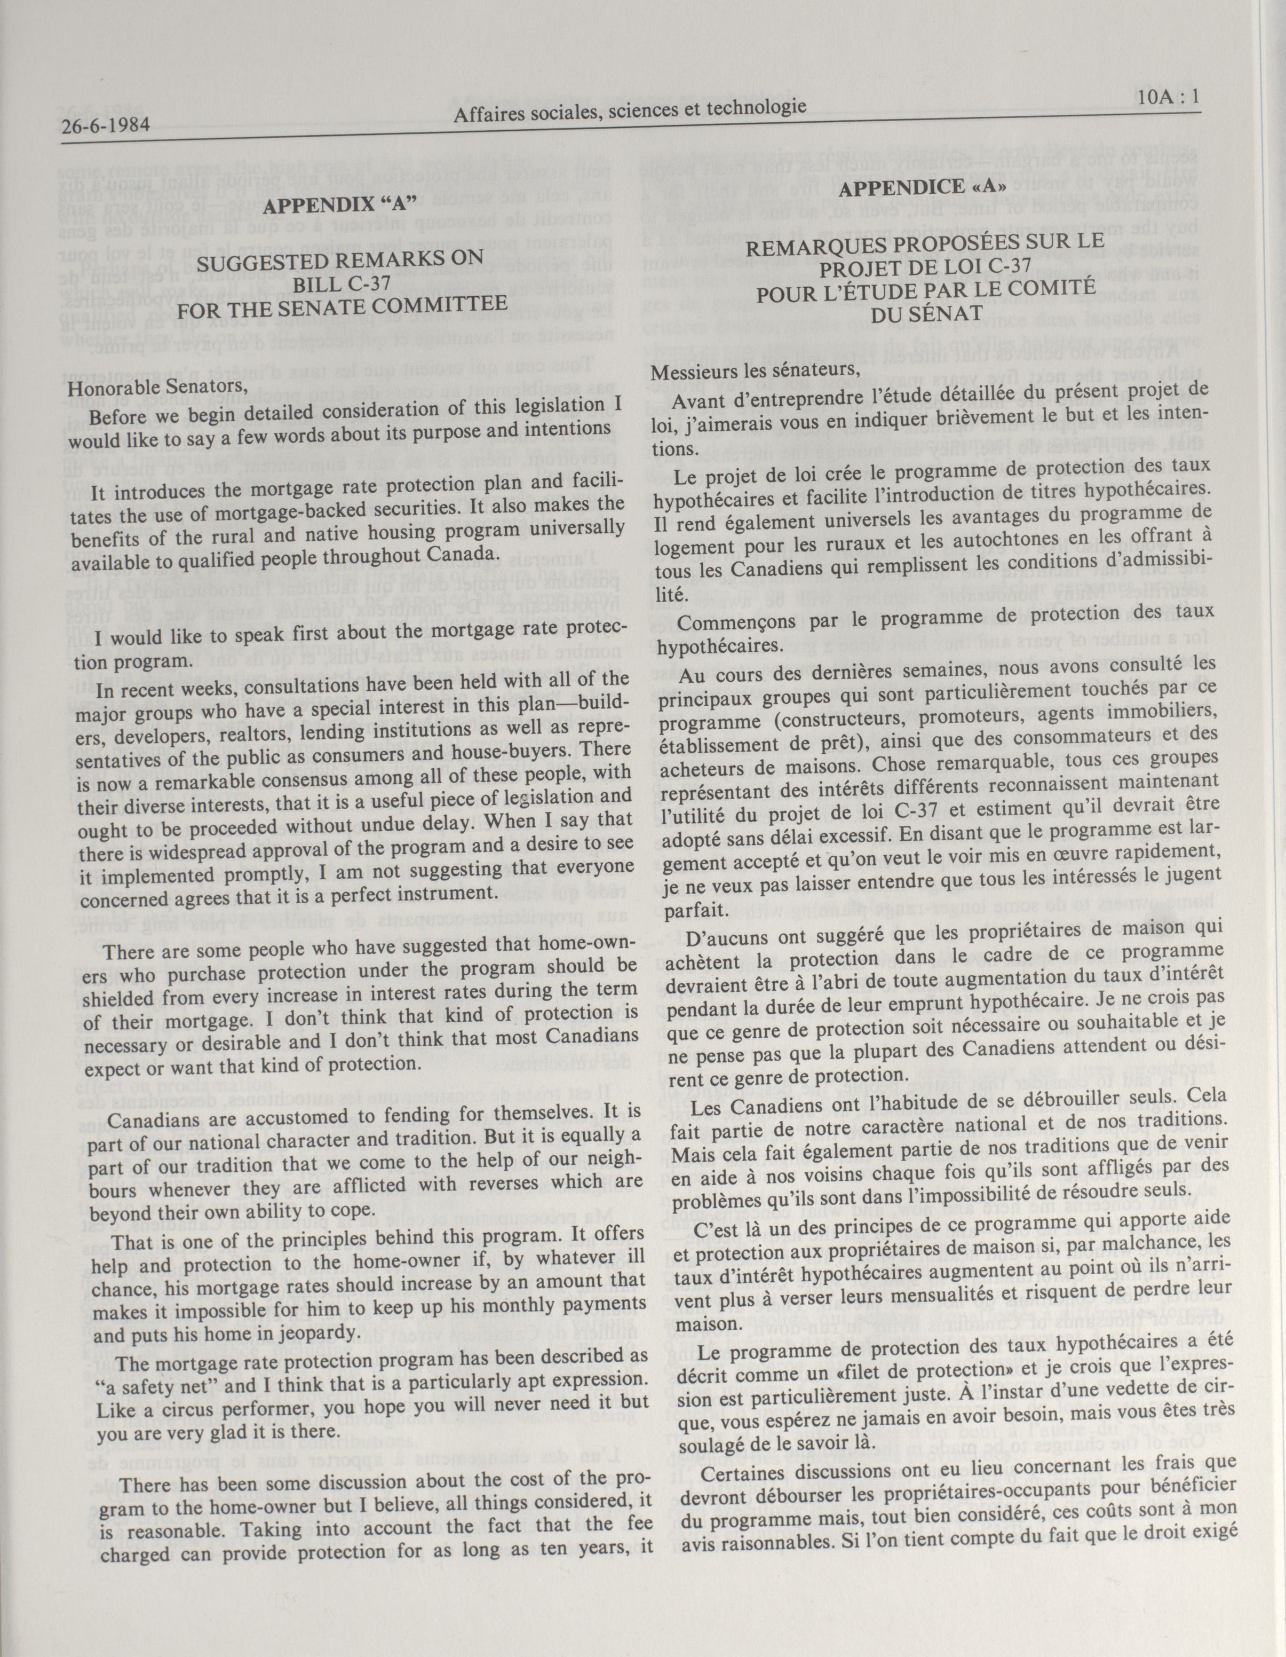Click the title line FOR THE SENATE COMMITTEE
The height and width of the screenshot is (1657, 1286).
pyautogui.click(x=342, y=305)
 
